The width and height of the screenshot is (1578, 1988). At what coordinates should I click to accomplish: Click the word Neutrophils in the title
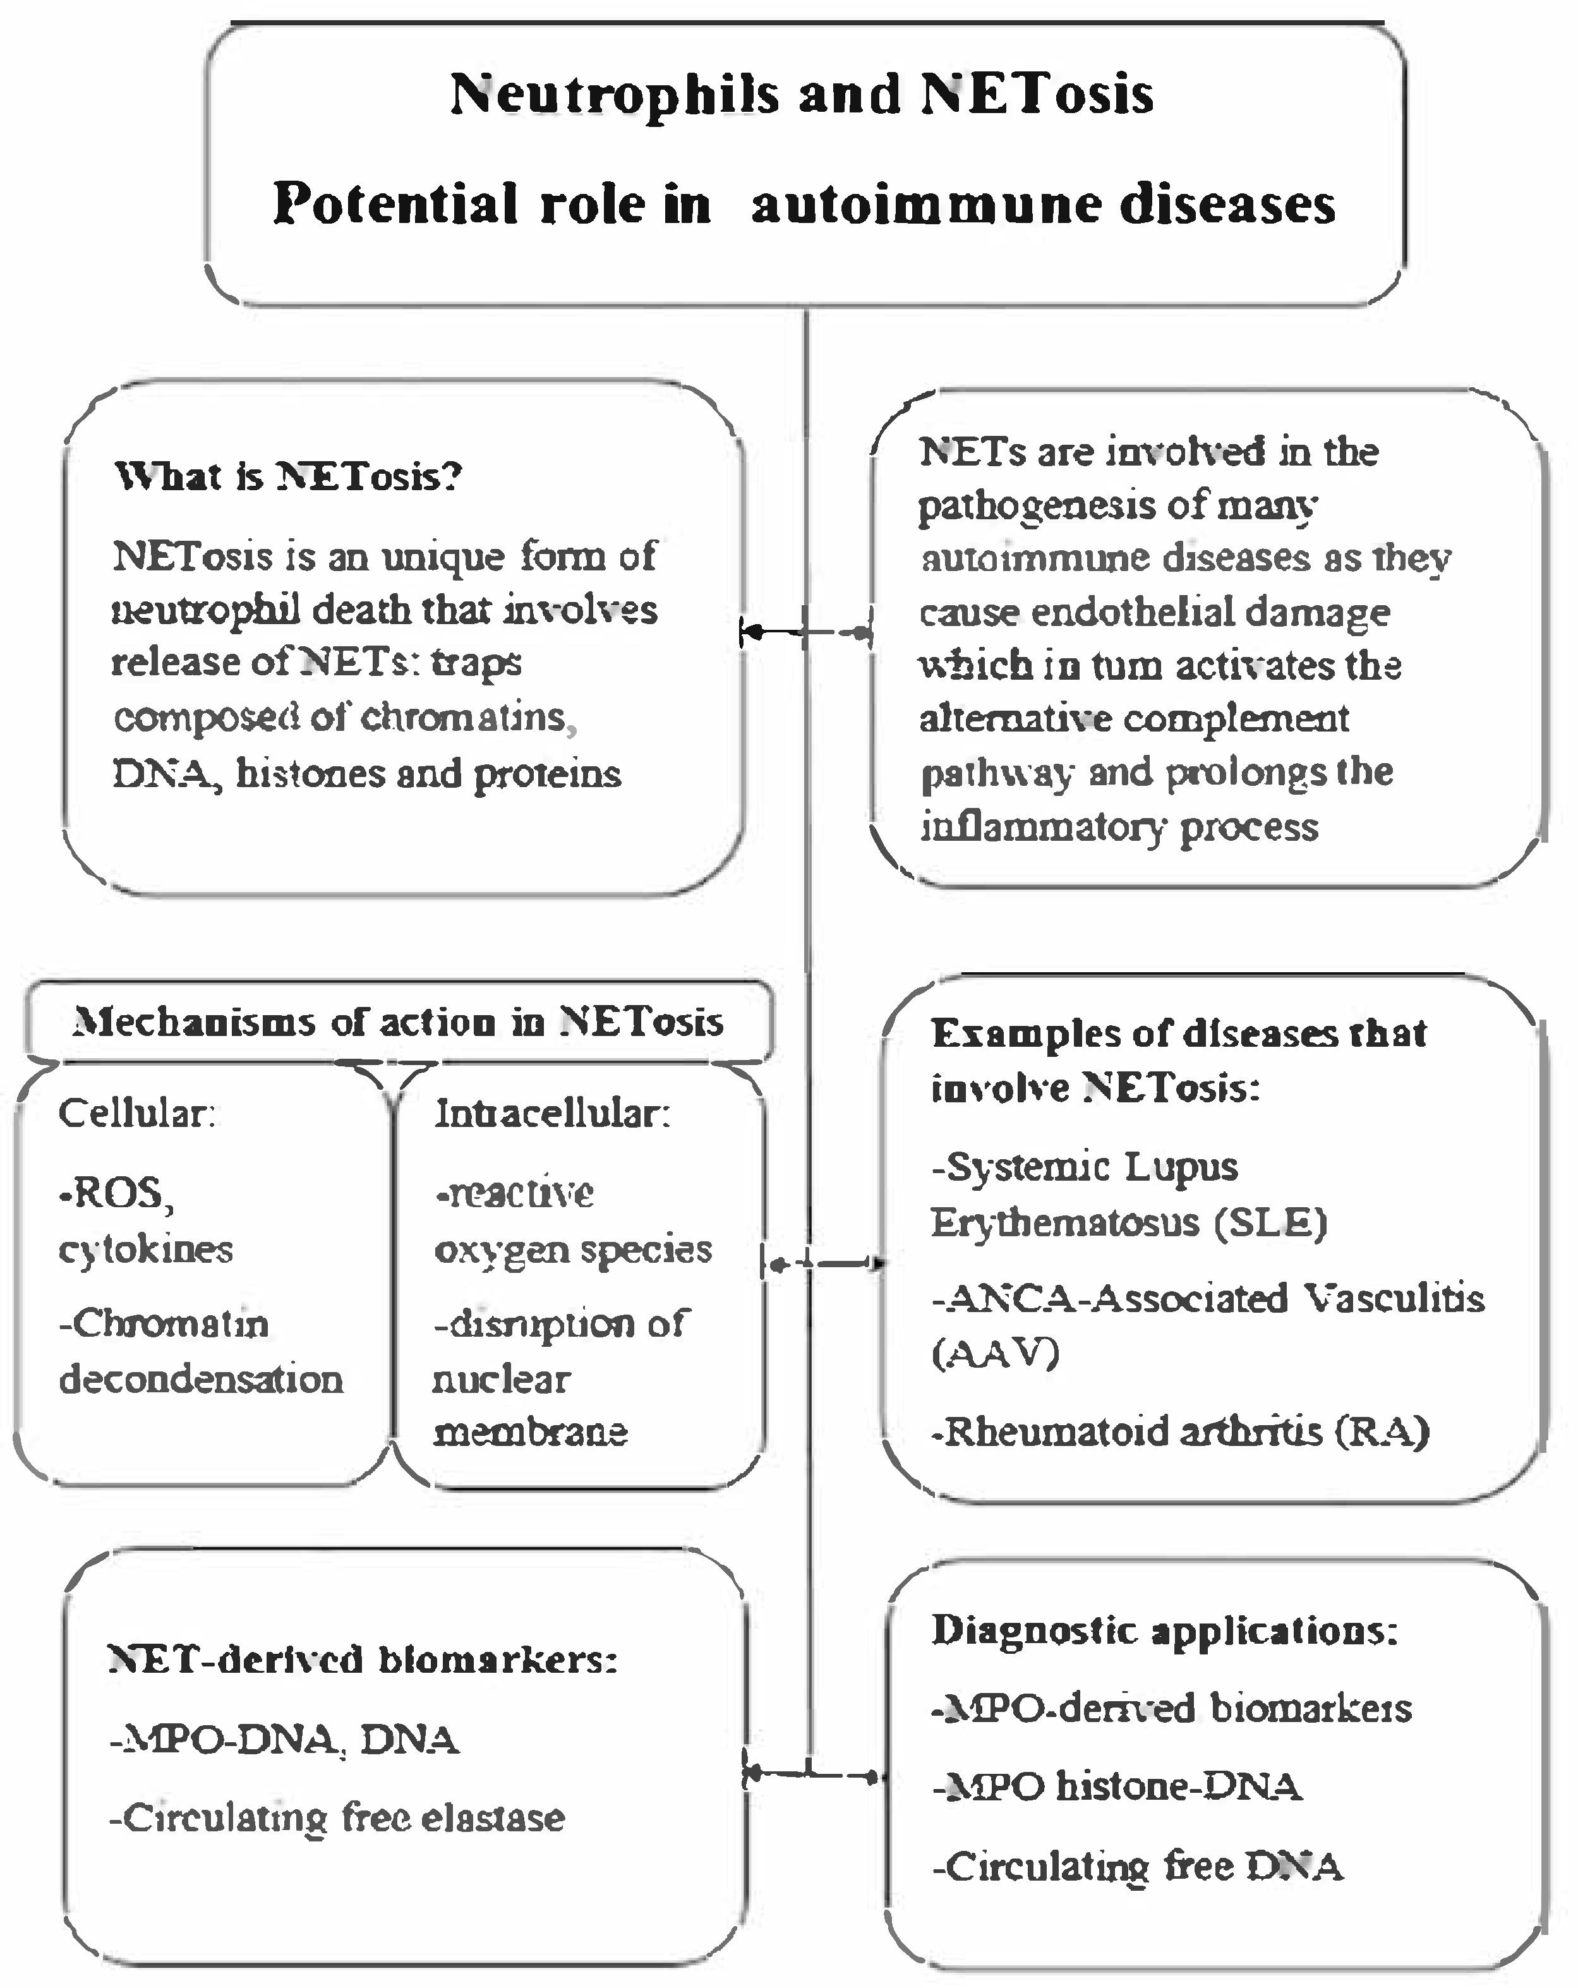point(614,95)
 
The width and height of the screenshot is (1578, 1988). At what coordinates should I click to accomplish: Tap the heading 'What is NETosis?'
point(289,477)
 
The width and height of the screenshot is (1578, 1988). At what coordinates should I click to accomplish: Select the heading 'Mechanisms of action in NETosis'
point(399,1021)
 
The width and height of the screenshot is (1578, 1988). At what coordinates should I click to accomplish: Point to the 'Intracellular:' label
point(551,1114)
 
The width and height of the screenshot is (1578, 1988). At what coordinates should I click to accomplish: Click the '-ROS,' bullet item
point(115,1193)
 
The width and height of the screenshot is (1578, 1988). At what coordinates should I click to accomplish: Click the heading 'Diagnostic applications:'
point(1164,1630)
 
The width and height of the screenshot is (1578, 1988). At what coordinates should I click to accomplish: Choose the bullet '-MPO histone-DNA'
point(1117,1787)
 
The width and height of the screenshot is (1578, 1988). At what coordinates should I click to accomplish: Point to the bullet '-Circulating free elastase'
point(337,1817)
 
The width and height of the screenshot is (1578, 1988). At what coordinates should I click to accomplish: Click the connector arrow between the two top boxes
point(806,632)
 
